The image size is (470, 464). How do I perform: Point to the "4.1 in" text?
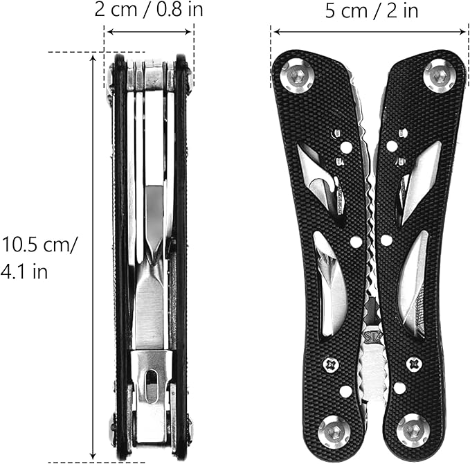[24, 271]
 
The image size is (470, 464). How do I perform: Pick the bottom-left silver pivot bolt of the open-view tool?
[332, 429]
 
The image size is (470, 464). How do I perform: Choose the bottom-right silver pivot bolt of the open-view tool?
[413, 429]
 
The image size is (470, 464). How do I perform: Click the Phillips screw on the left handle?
[331, 363]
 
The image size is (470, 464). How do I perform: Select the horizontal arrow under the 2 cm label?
[150, 32]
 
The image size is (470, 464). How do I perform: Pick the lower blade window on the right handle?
[413, 284]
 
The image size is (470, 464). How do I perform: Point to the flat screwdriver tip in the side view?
[150, 312]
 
